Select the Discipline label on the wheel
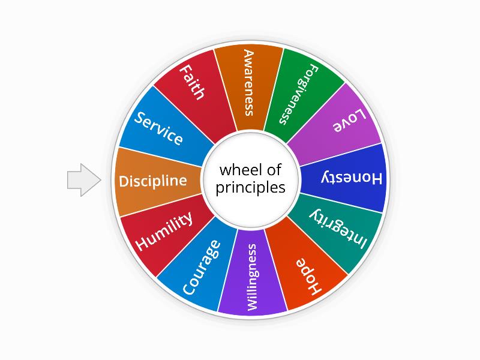[153, 181]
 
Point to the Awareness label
[248, 83]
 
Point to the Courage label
[201, 268]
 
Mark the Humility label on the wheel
[164, 231]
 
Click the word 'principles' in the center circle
[251, 187]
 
